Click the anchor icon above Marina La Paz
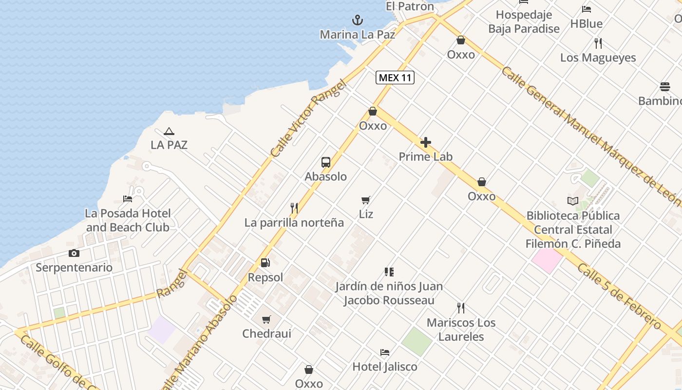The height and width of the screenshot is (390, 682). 358,20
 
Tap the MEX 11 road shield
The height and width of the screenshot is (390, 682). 395,78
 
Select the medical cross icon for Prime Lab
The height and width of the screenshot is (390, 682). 426,142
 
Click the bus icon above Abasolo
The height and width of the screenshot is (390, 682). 326,162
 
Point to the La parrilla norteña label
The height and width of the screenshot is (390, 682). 294,223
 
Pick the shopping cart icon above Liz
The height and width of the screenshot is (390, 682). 366,200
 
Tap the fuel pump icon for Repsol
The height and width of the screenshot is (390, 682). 265,263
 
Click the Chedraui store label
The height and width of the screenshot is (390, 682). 267,334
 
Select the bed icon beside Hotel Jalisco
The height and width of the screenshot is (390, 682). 385,352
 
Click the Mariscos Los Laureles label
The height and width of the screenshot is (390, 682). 461,330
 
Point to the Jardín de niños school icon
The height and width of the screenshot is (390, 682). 389,272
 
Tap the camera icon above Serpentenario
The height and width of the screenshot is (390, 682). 74,253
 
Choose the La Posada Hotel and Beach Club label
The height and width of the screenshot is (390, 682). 128,220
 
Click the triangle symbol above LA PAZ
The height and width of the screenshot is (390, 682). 169,131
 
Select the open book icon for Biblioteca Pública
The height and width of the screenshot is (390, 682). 573,201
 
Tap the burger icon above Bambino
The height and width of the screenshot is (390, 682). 665,87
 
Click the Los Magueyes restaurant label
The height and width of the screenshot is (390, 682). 598,58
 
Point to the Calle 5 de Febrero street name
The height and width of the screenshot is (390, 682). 619,297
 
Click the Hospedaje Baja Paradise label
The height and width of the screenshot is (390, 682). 524,22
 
